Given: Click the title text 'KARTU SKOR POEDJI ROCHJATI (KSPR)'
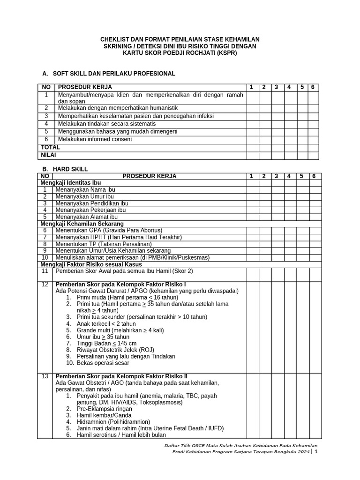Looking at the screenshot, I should click(x=180, y=53).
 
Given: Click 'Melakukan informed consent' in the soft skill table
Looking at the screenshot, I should click(x=95, y=139).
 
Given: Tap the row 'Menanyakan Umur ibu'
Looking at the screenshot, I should click(x=85, y=196).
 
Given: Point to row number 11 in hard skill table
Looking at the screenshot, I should click(x=45, y=271).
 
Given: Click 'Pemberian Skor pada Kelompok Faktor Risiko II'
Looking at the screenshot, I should click(x=121, y=376).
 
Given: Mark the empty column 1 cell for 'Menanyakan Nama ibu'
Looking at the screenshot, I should click(x=251, y=189).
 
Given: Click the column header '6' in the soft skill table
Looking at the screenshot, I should click(x=313, y=87).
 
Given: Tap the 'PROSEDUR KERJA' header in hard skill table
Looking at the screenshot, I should click(x=150, y=176).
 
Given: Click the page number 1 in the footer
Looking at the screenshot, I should click(x=315, y=452).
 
